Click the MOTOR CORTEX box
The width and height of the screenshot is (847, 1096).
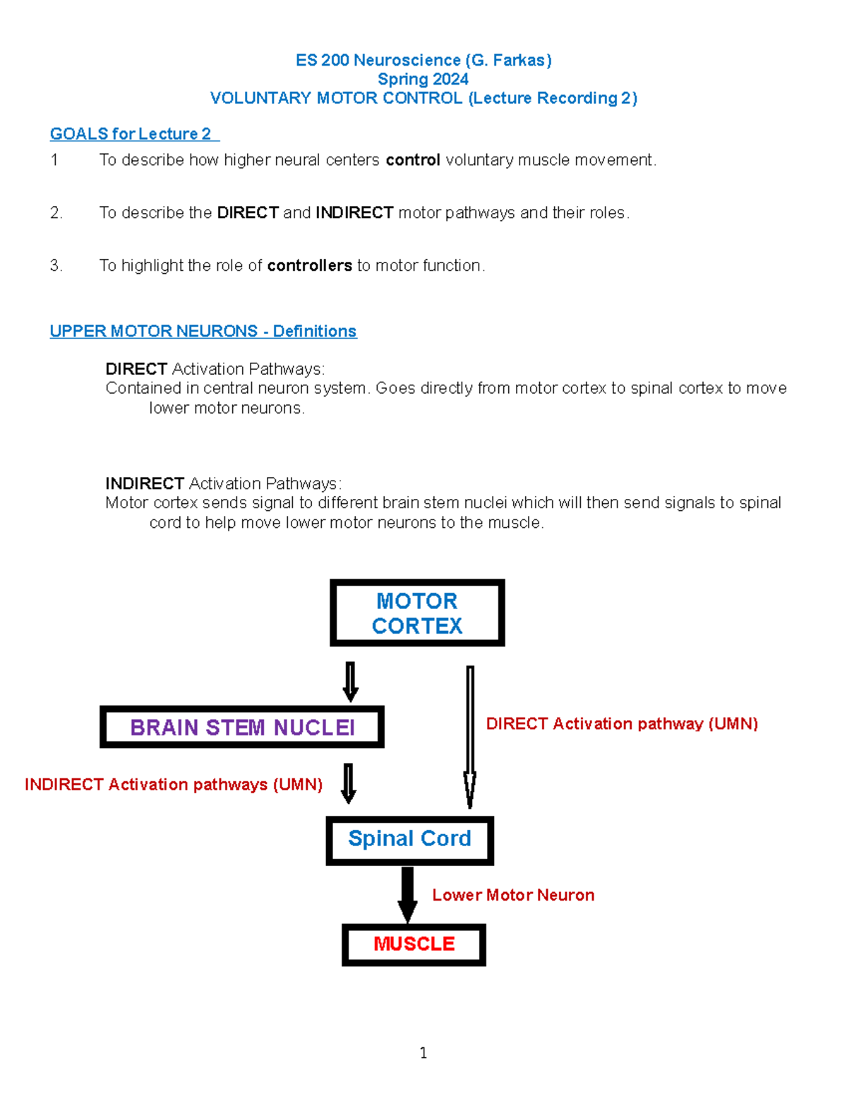pyautogui.click(x=417, y=613)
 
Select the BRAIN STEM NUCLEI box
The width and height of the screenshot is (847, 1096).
pyautogui.click(x=242, y=727)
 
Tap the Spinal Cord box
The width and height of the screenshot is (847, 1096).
pyautogui.click(x=409, y=840)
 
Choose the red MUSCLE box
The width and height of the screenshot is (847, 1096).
pyautogui.click(x=414, y=944)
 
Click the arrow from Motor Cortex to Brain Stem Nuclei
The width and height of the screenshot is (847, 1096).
pyautogui.click(x=350, y=681)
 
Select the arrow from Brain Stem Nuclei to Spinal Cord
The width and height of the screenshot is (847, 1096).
pyautogui.click(x=348, y=783)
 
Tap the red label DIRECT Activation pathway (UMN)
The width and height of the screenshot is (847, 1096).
pyautogui.click(x=622, y=724)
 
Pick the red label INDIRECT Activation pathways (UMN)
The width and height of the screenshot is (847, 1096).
pyautogui.click(x=174, y=785)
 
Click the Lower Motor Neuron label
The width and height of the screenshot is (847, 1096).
pyautogui.click(x=513, y=895)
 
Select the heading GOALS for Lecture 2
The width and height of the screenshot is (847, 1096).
pyautogui.click(x=131, y=134)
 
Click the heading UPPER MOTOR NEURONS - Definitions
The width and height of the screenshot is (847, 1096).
pyautogui.click(x=203, y=331)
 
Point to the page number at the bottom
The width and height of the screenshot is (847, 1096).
pyautogui.click(x=423, y=1053)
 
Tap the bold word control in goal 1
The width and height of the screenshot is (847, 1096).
pyautogui.click(x=413, y=160)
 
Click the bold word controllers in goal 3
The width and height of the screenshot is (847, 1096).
pyautogui.click(x=309, y=265)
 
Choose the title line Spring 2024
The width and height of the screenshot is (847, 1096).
pyautogui.click(x=423, y=79)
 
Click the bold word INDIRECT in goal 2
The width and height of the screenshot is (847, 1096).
pyautogui.click(x=354, y=212)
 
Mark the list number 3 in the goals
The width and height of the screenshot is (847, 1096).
pyautogui.click(x=56, y=265)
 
